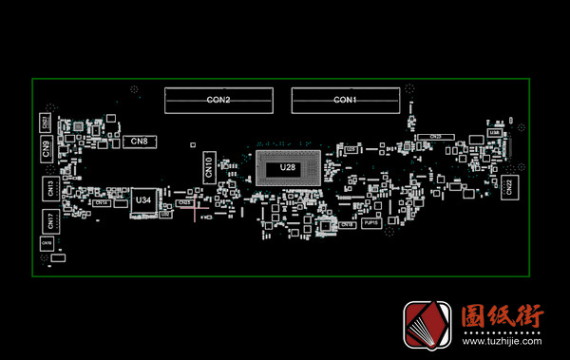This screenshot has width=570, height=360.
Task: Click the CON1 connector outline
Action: click(x=344, y=99)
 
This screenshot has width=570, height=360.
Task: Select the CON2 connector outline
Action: click(x=218, y=99)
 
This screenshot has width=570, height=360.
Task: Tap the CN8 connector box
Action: click(x=138, y=142)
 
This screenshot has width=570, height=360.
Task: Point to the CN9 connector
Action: click(x=47, y=147)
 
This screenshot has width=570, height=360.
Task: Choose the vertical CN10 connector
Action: click(x=209, y=168)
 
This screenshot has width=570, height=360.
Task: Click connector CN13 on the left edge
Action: click(x=49, y=188)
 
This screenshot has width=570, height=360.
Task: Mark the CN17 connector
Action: click(x=49, y=221)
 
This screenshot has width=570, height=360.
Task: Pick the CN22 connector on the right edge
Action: click(x=508, y=186)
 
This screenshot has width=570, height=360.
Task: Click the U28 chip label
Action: click(x=288, y=168)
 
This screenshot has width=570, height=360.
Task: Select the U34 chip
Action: click(x=143, y=201)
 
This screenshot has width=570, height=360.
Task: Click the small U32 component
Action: click(x=165, y=215)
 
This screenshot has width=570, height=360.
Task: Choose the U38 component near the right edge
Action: click(x=494, y=133)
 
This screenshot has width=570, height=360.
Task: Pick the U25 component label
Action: click(x=351, y=149)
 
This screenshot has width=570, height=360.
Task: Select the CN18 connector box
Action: click(x=347, y=225)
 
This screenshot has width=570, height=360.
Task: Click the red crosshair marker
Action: click(x=196, y=212)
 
